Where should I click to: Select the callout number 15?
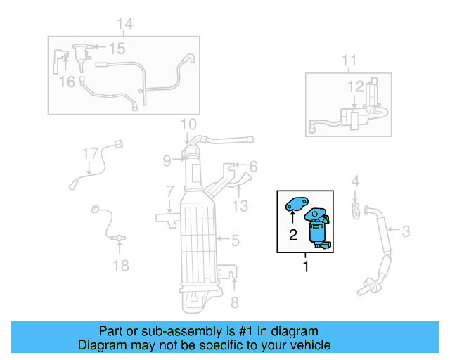(x=116, y=48)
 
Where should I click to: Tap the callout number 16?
(x=66, y=82)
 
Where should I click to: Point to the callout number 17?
(x=90, y=153)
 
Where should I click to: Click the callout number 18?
(x=121, y=265)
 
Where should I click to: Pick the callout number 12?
(x=356, y=86)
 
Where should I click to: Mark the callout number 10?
(x=187, y=125)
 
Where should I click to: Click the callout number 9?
(x=167, y=160)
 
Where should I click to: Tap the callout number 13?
(x=240, y=205)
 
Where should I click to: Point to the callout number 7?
(x=169, y=191)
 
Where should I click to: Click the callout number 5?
(x=236, y=240)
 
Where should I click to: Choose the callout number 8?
(x=235, y=303)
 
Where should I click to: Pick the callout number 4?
(x=355, y=181)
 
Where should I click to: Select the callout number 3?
(x=406, y=229)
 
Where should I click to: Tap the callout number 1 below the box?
(x=305, y=266)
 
